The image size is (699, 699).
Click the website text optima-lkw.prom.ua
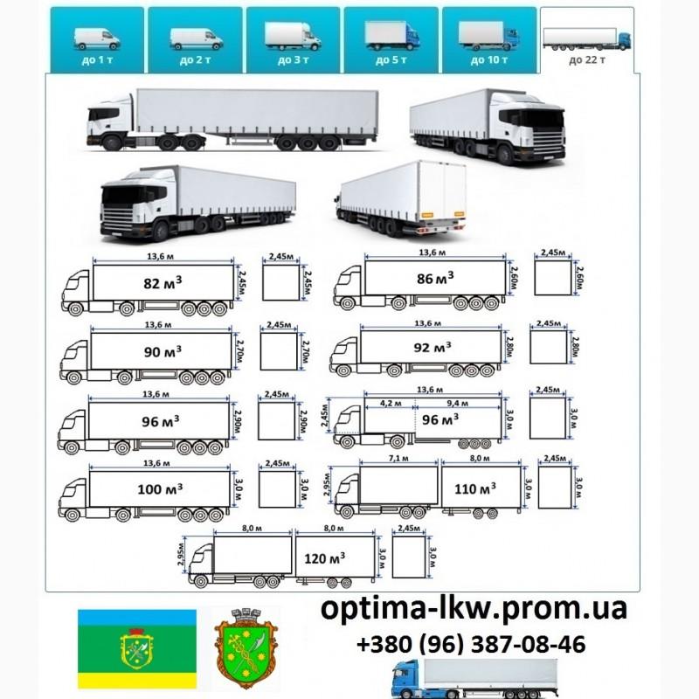pyautogui.click(x=474, y=610)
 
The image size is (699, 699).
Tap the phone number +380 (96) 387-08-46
pyautogui.click(x=471, y=645)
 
